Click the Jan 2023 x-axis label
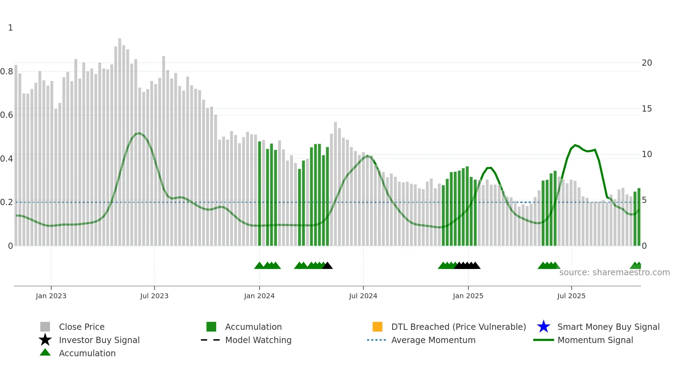pos(51,296)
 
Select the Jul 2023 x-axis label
pos(154,296)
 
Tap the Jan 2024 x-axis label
pos(259,296)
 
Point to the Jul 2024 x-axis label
pos(363,296)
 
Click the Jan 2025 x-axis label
pos(468,296)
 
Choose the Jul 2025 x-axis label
pos(571,296)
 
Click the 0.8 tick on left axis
pos(7,72)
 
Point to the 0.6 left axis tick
pos(7,115)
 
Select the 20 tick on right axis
pos(647,63)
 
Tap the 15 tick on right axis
pos(647,109)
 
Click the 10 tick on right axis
pos(647,154)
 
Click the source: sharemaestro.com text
pos(614,272)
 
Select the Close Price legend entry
pos(82,327)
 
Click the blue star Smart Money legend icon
pos(543,327)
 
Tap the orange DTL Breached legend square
pos(377,327)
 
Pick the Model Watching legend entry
pos(258,340)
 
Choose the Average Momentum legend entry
pos(433,340)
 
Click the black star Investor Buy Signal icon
pos(45,340)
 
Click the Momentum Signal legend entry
pos(595,340)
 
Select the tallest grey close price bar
pos(120,139)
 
